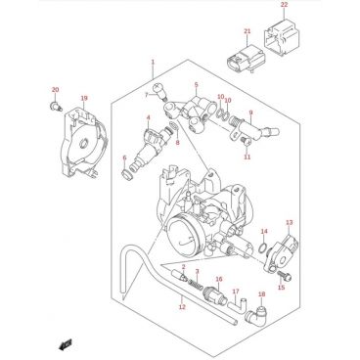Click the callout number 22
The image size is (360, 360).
(285, 5)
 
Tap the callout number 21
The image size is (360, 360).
(247, 31)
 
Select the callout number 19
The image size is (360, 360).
(84, 98)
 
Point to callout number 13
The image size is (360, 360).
(290, 223)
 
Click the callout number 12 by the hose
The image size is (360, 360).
(182, 306)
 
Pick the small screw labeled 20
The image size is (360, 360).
(57, 106)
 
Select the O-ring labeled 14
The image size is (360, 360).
(262, 247)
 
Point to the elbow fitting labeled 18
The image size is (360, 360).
(256, 313)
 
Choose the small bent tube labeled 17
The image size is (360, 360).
(237, 305)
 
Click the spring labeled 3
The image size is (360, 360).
(196, 281)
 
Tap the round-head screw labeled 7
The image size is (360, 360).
(159, 90)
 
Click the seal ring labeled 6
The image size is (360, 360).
(126, 174)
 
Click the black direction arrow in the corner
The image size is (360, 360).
(66, 344)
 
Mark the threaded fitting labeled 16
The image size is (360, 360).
(213, 293)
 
